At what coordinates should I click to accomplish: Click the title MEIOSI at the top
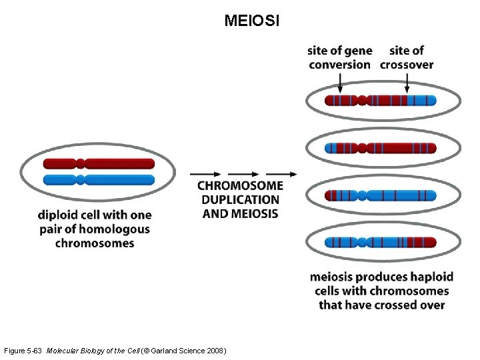coord(252,21)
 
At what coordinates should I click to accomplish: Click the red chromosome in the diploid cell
coord(99,163)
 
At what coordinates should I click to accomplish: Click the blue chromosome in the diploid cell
coord(99,179)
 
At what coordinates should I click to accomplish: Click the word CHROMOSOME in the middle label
coord(240,185)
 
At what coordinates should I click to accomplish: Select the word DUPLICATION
coord(240,199)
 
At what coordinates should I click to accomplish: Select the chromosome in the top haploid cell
coord(381,101)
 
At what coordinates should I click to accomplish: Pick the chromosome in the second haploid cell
coord(381,148)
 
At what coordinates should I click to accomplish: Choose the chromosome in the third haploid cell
coord(381,195)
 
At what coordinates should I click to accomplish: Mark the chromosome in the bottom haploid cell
coord(381,243)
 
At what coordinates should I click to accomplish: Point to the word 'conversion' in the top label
coord(339,65)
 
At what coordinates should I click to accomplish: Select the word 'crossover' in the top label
coord(407,65)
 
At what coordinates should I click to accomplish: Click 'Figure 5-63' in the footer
coord(23,351)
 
